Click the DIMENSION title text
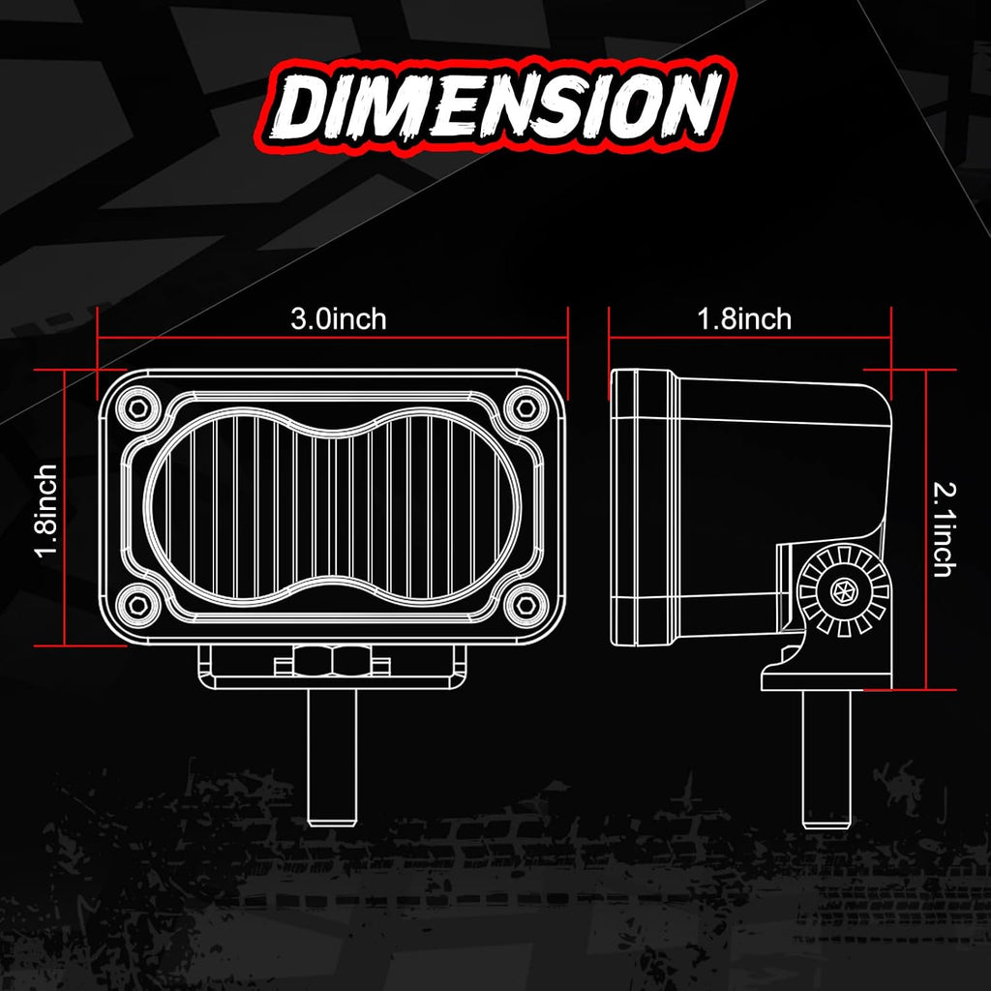(x=496, y=105)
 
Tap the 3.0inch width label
(x=338, y=319)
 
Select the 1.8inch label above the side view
(x=744, y=319)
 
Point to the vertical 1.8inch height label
(x=47, y=511)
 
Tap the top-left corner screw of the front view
(x=137, y=408)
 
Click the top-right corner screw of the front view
(x=526, y=408)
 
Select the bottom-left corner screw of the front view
(x=137, y=605)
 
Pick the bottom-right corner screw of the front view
(x=526, y=605)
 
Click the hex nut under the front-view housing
(x=333, y=662)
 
